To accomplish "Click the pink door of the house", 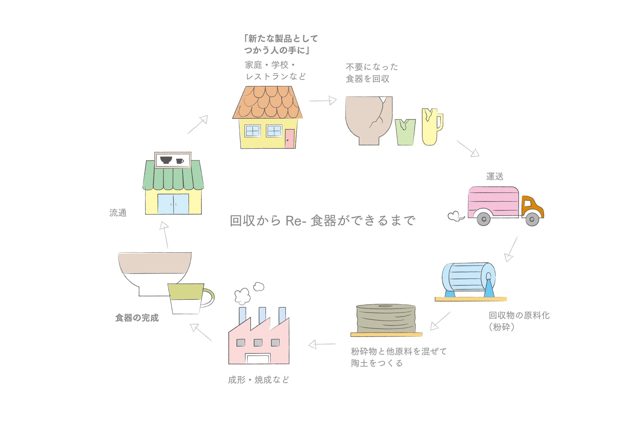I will [290, 139].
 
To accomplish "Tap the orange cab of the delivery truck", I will [531, 206].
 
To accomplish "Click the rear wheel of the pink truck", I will [483, 219].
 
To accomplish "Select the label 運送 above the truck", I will [495, 176].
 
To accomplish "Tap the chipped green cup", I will [405, 132].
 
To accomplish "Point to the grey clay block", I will [386, 318].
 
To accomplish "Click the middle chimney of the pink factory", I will [262, 316].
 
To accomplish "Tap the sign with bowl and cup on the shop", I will [172, 160].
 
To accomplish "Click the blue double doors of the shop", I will [173, 204].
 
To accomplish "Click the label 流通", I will [118, 213].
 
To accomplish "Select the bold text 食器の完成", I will [137, 318].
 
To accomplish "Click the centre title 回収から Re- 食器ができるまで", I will [322, 221].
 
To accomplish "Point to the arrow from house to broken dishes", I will [322, 101].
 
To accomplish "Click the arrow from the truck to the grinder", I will [511, 249].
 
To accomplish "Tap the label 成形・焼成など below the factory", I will [258, 380].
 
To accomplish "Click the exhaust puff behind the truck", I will [455, 216].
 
